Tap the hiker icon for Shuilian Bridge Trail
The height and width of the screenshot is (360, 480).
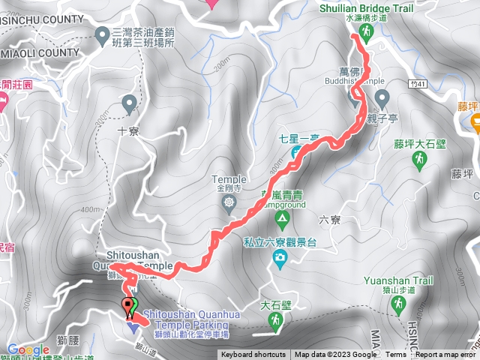[x=366, y=32]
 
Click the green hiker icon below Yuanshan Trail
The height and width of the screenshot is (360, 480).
[x=398, y=304]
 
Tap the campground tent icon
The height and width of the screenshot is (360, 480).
[x=282, y=220]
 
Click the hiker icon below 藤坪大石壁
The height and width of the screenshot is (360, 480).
[x=420, y=160]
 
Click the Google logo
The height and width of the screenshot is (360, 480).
[x=28, y=349]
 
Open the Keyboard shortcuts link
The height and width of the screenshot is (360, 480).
[x=253, y=355]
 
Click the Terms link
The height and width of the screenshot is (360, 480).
[x=396, y=355]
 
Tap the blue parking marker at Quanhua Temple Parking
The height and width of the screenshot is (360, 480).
[x=133, y=326]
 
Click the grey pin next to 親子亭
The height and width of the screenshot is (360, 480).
[x=382, y=97]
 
